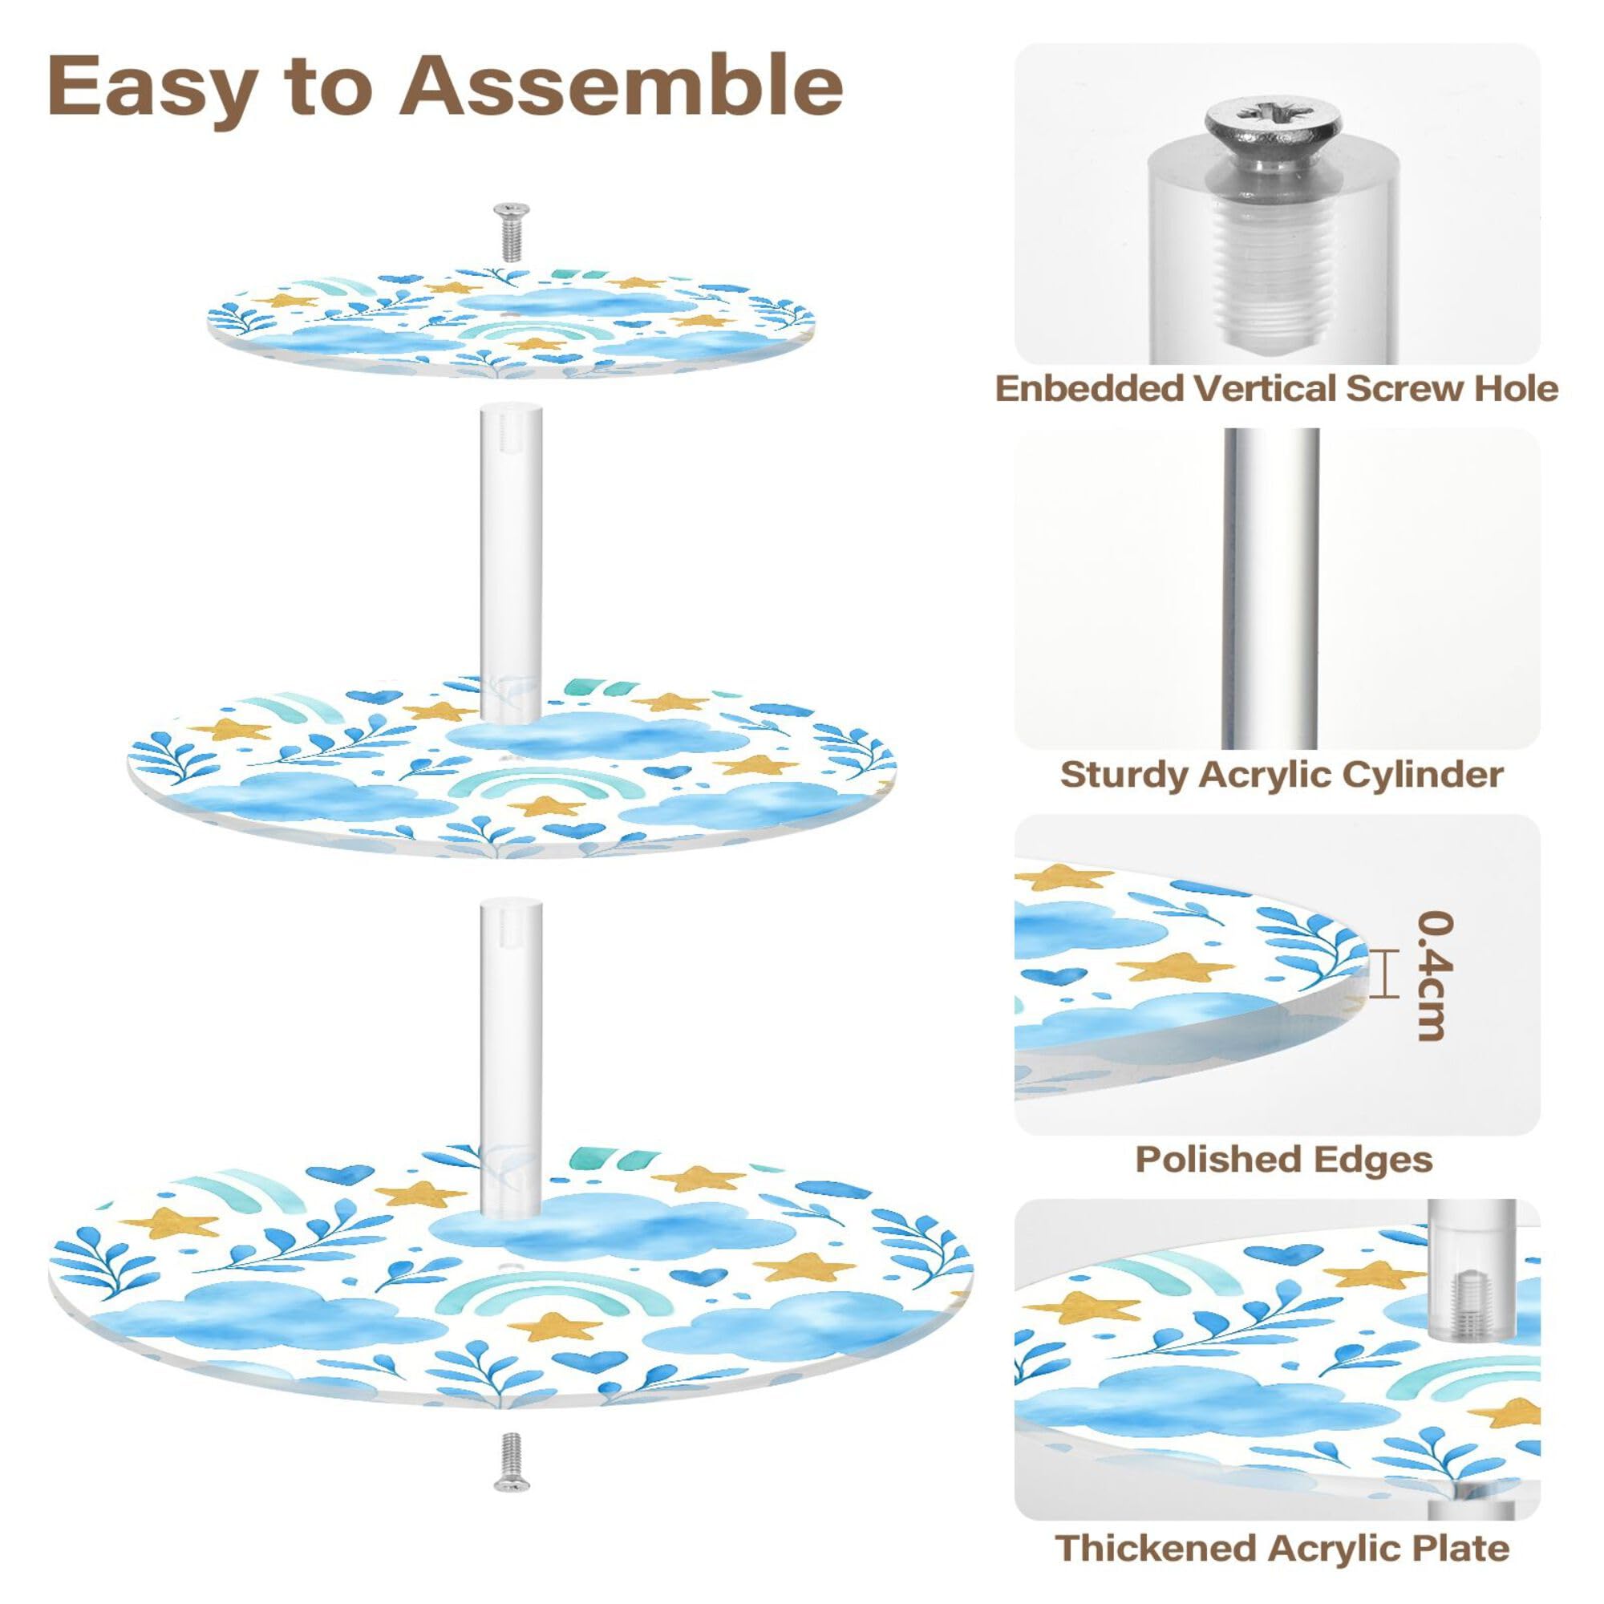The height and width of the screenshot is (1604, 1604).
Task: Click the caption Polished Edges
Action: (1283, 1160)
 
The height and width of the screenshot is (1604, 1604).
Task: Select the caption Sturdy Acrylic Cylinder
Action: (1281, 775)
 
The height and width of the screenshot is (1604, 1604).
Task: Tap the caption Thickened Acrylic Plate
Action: (1282, 1549)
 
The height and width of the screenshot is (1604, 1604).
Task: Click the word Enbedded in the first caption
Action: (1090, 388)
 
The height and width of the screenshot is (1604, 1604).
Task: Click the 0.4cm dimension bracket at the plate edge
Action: (1379, 973)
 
